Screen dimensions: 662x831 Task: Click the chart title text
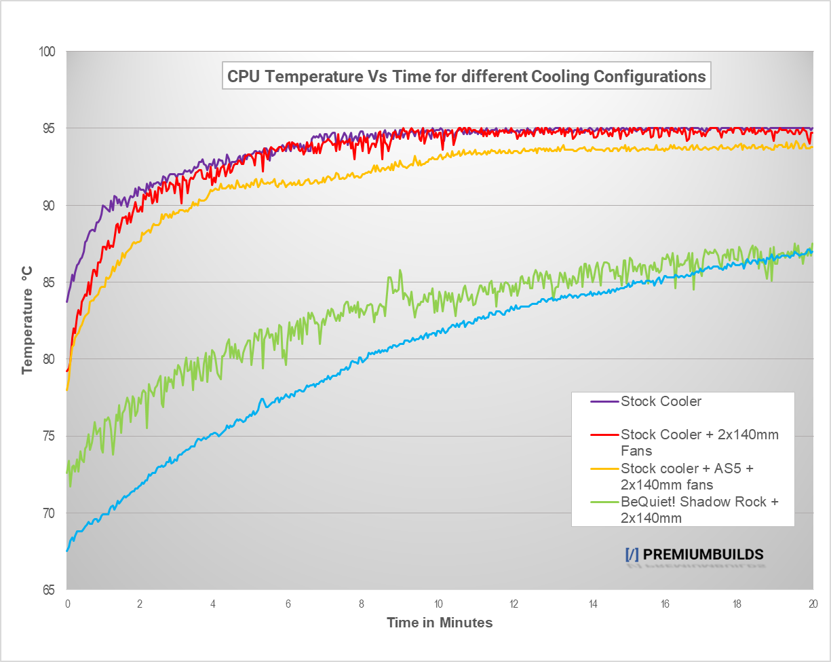[x=466, y=76]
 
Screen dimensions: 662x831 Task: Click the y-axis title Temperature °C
[x=27, y=320]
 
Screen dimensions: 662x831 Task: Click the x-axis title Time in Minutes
[x=440, y=622]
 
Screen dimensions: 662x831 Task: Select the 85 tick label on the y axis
[x=50, y=282]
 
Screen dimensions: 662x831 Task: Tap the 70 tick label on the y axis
[x=50, y=513]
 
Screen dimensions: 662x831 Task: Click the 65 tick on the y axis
[x=50, y=590]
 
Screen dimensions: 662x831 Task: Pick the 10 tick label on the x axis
[x=439, y=604]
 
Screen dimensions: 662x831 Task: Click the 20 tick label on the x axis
[x=812, y=604]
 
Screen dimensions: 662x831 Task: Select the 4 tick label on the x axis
[x=213, y=604]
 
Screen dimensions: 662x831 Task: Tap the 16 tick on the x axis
[x=663, y=604]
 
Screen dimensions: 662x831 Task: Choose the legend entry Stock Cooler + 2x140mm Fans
[x=699, y=442]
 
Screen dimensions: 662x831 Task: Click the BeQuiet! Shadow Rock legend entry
[x=699, y=509]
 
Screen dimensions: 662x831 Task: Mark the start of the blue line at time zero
[x=66, y=551]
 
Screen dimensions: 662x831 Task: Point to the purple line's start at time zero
[x=66, y=301]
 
